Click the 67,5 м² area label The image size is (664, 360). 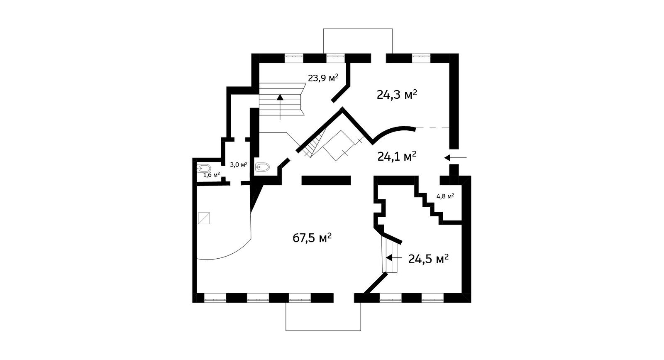(312, 238)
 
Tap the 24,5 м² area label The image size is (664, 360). (428, 259)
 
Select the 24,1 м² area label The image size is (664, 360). (397, 156)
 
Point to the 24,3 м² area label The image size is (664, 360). (397, 95)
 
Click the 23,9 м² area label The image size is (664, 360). (323, 77)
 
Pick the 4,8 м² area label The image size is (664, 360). (445, 196)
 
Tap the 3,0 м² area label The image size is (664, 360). (239, 164)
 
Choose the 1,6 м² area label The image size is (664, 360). (211, 175)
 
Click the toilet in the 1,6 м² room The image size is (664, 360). (204, 168)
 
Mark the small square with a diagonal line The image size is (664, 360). (204, 218)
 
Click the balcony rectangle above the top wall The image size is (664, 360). (358, 41)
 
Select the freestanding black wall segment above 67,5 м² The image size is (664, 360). (326, 180)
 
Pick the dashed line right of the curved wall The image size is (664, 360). (432, 128)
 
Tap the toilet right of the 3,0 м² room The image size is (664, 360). (262, 167)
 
